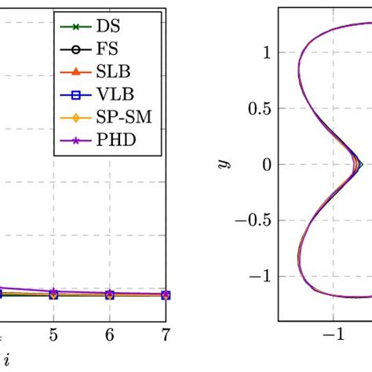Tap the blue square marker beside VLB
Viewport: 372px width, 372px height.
76,96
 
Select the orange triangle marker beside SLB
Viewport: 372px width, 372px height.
76,72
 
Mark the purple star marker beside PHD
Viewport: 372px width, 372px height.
76,142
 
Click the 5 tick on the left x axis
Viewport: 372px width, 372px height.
53,334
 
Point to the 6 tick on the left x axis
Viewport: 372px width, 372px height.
109,334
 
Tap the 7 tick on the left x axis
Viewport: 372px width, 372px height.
165,334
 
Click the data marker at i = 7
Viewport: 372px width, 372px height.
165,295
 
